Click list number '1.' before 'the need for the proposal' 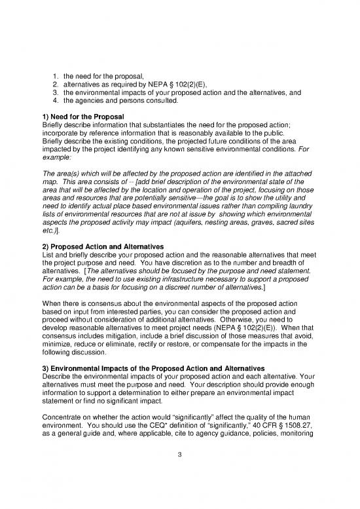[x=56, y=76]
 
